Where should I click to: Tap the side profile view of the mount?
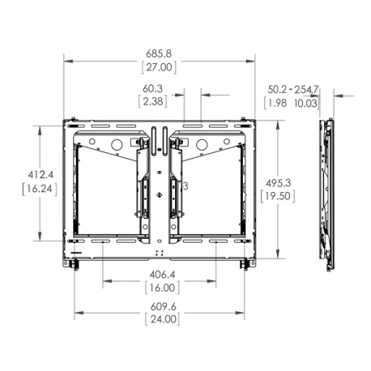click(326, 194)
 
